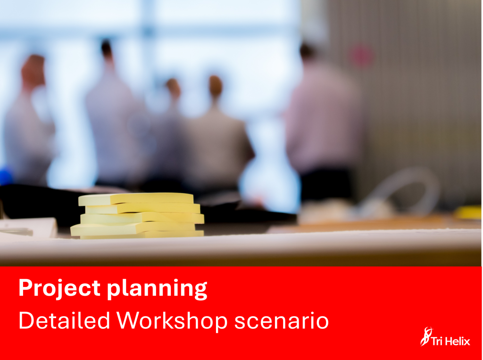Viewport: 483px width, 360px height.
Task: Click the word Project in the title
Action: click(x=59, y=288)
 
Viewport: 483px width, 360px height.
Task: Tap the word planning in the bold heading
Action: click(x=157, y=289)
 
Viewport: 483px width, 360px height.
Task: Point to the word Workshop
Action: click(x=172, y=321)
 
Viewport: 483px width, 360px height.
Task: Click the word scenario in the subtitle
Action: click(x=282, y=321)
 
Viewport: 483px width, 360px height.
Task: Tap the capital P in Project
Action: click(x=26, y=287)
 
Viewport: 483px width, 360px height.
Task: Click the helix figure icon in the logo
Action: click(x=426, y=336)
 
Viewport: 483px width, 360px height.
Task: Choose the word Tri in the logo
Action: click(x=437, y=341)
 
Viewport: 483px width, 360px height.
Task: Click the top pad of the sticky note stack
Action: click(x=136, y=199)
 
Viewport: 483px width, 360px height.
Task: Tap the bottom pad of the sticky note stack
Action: click(x=142, y=235)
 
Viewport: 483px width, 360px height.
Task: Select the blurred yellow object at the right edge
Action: click(x=468, y=213)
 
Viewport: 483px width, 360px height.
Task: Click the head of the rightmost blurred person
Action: click(x=308, y=52)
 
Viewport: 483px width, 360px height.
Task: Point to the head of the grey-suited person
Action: click(x=215, y=87)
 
